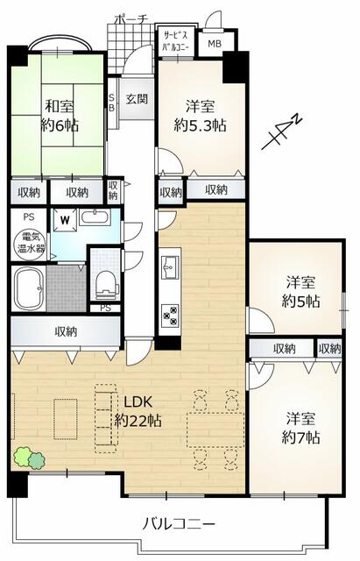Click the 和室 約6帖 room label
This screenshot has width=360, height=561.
pyautogui.click(x=60, y=116)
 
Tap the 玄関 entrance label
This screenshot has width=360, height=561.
pyautogui.click(x=137, y=98)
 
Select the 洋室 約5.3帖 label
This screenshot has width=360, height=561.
pyautogui.click(x=201, y=116)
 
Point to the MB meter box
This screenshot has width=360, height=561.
pyautogui.click(x=215, y=44)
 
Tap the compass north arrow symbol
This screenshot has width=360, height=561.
pyautogui.click(x=282, y=132)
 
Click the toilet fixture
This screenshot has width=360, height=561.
pyautogui.click(x=107, y=284)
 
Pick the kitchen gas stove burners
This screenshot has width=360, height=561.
pyautogui.click(x=171, y=316)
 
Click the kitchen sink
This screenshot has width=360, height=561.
pyautogui.click(x=171, y=267)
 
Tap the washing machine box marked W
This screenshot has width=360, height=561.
pyautogui.click(x=65, y=220)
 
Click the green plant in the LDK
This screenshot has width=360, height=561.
pyautogui.click(x=29, y=458)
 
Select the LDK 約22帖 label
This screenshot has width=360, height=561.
pyautogui.click(x=138, y=411)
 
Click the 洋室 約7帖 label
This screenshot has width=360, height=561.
pyautogui.click(x=300, y=428)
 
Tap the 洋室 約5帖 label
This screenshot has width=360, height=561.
pyautogui.click(x=300, y=292)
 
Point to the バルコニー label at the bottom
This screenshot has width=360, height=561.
pyautogui.click(x=179, y=524)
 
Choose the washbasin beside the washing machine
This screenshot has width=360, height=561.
pyautogui.click(x=95, y=217)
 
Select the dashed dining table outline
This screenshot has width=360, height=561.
pyautogui.click(x=215, y=430)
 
